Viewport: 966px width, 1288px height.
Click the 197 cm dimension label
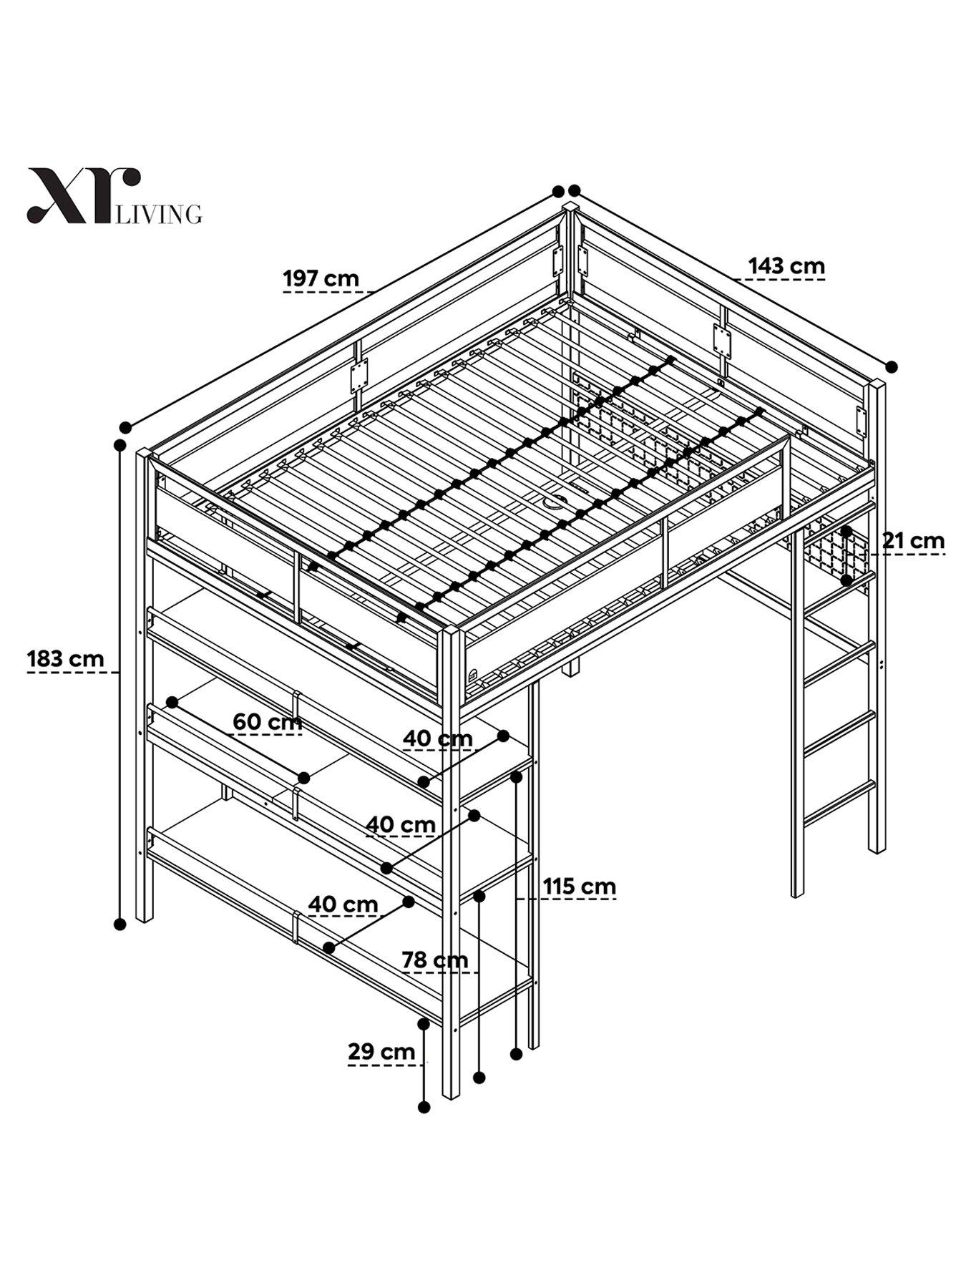[321, 278]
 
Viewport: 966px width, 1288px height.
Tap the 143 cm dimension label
[786, 265]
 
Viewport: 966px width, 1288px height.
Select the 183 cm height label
[65, 658]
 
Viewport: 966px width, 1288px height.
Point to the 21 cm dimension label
[913, 540]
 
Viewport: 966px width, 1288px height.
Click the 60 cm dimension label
[267, 722]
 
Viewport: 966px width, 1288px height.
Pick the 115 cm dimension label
[579, 886]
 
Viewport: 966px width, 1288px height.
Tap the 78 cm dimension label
[435, 959]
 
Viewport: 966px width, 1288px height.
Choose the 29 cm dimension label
[381, 1051]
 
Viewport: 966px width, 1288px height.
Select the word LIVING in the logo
[159, 214]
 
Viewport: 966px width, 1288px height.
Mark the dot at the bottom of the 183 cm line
[120, 924]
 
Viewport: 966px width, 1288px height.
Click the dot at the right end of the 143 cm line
[891, 366]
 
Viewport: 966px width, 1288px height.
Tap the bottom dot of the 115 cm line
[516, 1053]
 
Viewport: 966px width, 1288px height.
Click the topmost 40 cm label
[437, 738]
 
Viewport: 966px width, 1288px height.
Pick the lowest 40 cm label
[343, 904]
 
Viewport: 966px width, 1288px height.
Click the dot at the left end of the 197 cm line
[125, 427]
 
